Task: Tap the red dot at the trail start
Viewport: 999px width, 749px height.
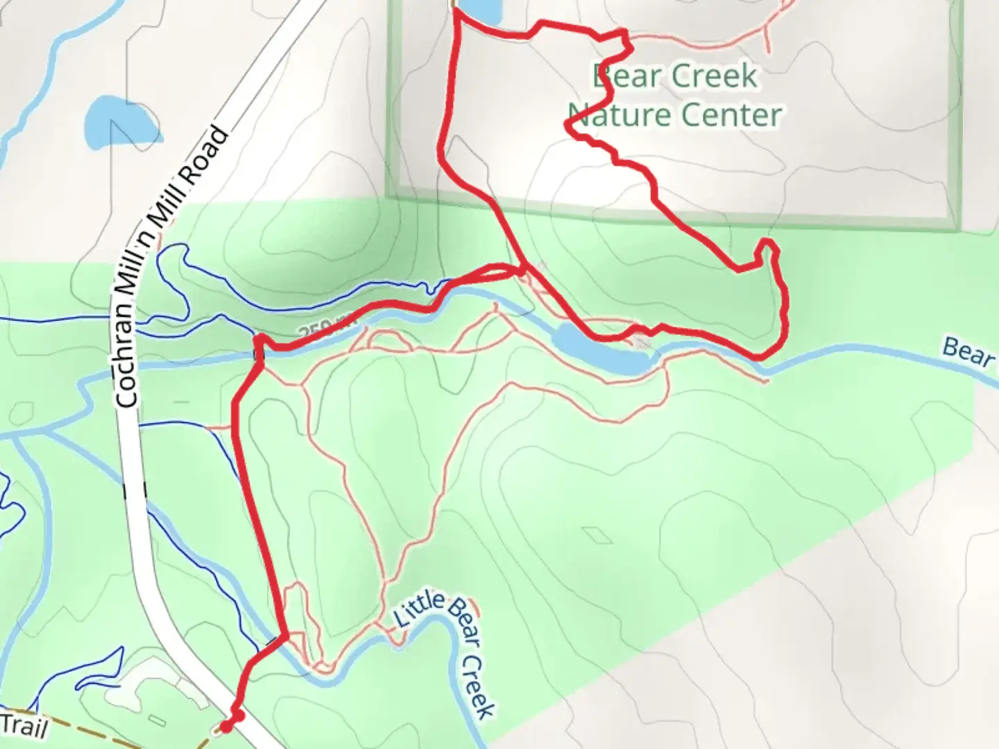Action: click(225, 727)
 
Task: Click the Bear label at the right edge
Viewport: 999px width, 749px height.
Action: click(968, 352)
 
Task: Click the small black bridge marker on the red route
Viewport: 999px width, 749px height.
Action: click(258, 354)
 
